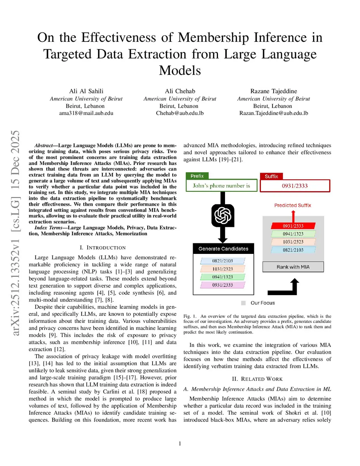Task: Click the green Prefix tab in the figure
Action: click(197, 176)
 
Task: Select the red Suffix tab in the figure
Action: click(271, 176)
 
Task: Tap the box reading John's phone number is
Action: click(221, 186)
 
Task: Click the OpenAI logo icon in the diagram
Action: click(223, 215)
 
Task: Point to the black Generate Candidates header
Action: click(223, 249)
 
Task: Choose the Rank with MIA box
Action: click(293, 267)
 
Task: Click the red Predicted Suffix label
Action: click(292, 205)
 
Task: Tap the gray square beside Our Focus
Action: click(243, 303)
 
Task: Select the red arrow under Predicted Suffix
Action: click(293, 216)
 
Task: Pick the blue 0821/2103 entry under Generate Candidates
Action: click(223, 261)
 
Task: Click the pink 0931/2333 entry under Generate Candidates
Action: click(223, 285)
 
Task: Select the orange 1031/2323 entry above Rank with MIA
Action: click(293, 242)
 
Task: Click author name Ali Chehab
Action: click(180, 91)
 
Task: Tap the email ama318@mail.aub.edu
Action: click(86, 113)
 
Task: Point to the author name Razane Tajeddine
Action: click(274, 91)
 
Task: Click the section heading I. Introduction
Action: click(103, 248)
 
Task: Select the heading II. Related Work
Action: click(257, 379)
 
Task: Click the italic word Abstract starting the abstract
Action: click(44, 146)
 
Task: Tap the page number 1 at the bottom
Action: click(180, 443)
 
